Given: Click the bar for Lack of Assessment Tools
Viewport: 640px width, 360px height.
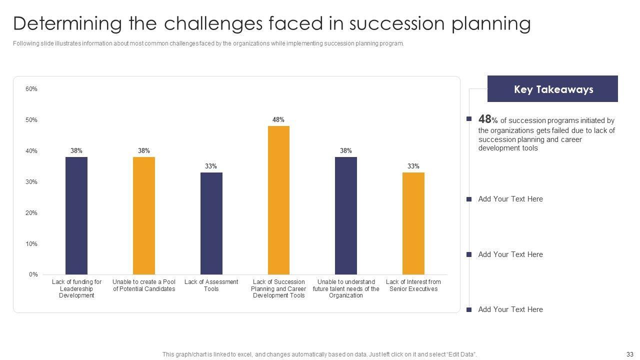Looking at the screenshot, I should click(211, 223).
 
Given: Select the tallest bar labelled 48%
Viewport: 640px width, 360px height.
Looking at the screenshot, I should click(278, 200).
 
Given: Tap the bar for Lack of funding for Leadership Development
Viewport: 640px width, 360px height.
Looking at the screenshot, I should click(76, 215).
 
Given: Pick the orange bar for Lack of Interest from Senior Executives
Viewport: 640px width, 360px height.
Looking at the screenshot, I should click(413, 223).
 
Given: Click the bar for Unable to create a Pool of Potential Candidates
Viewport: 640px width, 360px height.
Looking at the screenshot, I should click(144, 215).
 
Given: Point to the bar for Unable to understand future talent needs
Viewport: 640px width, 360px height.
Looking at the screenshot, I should click(346, 215).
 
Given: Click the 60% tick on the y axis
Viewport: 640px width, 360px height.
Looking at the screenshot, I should click(31, 89).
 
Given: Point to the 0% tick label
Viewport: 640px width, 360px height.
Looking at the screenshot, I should click(33, 274).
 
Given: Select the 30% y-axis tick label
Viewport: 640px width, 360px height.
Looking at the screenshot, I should click(31, 182).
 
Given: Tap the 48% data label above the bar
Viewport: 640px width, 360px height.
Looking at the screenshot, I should click(278, 120).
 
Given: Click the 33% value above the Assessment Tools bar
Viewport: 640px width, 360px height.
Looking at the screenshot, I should click(211, 166).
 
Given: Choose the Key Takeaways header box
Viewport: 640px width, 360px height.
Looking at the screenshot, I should click(552, 89).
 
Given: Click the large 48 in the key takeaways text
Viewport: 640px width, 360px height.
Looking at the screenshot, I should click(485, 119).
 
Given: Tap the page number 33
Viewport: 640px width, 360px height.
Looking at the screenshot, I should click(629, 354).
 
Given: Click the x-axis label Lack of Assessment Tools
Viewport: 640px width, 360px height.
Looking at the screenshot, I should click(211, 285).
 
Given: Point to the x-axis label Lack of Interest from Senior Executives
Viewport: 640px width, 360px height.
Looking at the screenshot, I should click(413, 285).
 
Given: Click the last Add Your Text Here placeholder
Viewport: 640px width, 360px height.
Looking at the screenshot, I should click(510, 309).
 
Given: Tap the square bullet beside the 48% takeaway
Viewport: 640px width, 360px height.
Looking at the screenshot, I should click(469, 119).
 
